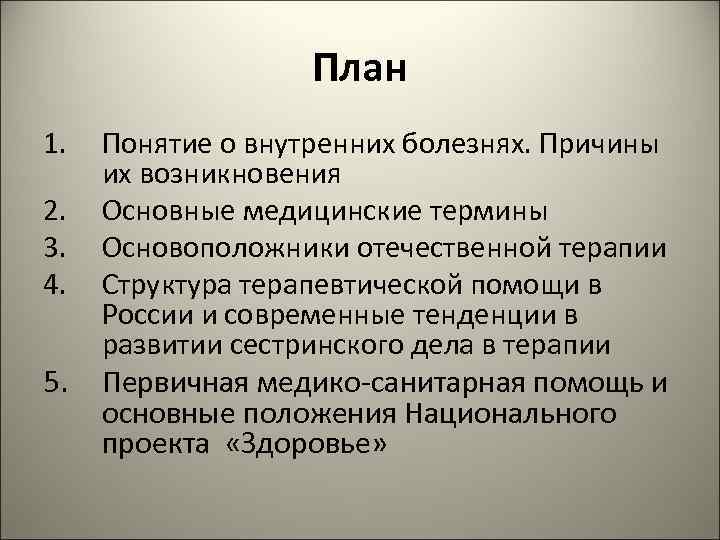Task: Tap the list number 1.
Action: click(55, 145)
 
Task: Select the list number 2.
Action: click(55, 211)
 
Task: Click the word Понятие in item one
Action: click(154, 145)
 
